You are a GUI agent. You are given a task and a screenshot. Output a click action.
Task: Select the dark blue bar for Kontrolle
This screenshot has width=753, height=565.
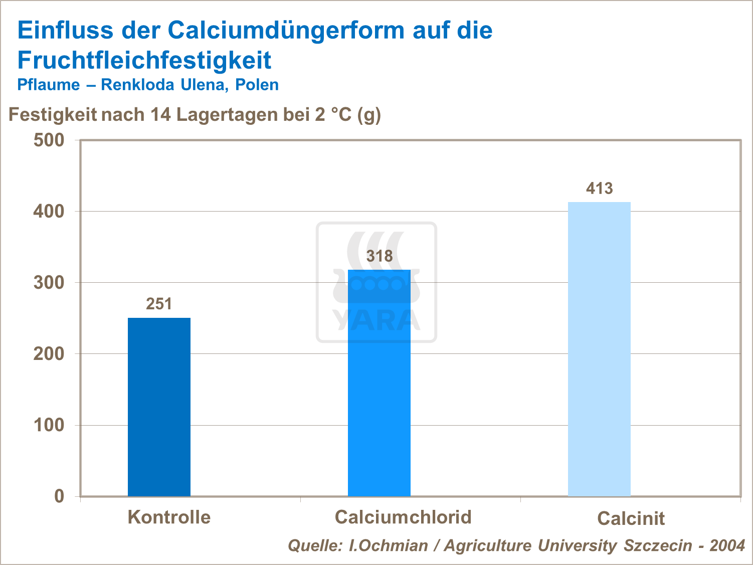click(x=159, y=407)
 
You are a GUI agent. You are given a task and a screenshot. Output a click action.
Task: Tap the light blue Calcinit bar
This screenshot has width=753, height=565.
click(x=599, y=349)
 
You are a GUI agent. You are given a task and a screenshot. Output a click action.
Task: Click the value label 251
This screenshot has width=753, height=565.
click(x=159, y=304)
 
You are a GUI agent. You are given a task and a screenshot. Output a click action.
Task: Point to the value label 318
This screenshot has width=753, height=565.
click(x=380, y=256)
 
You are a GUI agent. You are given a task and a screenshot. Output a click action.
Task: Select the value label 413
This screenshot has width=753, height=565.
click(x=600, y=189)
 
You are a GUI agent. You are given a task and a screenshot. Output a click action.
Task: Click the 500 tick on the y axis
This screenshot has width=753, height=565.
click(x=49, y=140)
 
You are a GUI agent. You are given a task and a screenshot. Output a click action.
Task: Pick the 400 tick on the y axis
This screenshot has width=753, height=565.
click(x=49, y=211)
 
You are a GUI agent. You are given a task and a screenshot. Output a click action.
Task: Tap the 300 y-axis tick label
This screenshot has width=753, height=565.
click(x=49, y=283)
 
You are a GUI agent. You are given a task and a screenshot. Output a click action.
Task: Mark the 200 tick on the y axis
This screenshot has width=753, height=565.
click(x=49, y=354)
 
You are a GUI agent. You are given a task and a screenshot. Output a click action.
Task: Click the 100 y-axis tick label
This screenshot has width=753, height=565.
click(x=49, y=425)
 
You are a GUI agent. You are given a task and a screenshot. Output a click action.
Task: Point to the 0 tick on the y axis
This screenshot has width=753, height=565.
click(x=59, y=496)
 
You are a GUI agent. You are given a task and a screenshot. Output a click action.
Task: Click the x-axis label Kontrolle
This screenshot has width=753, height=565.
click(x=169, y=517)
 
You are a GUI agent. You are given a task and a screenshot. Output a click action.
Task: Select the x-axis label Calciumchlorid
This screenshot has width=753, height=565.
click(x=403, y=517)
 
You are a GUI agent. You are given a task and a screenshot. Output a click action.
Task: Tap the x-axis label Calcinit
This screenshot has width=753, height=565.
click(x=631, y=518)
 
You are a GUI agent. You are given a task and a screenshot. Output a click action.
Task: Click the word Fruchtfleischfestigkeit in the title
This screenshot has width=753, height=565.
click(x=144, y=60)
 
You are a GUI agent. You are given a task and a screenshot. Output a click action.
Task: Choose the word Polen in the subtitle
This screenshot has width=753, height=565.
click(x=257, y=85)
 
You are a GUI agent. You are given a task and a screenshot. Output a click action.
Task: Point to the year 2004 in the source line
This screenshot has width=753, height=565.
click(x=727, y=545)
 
